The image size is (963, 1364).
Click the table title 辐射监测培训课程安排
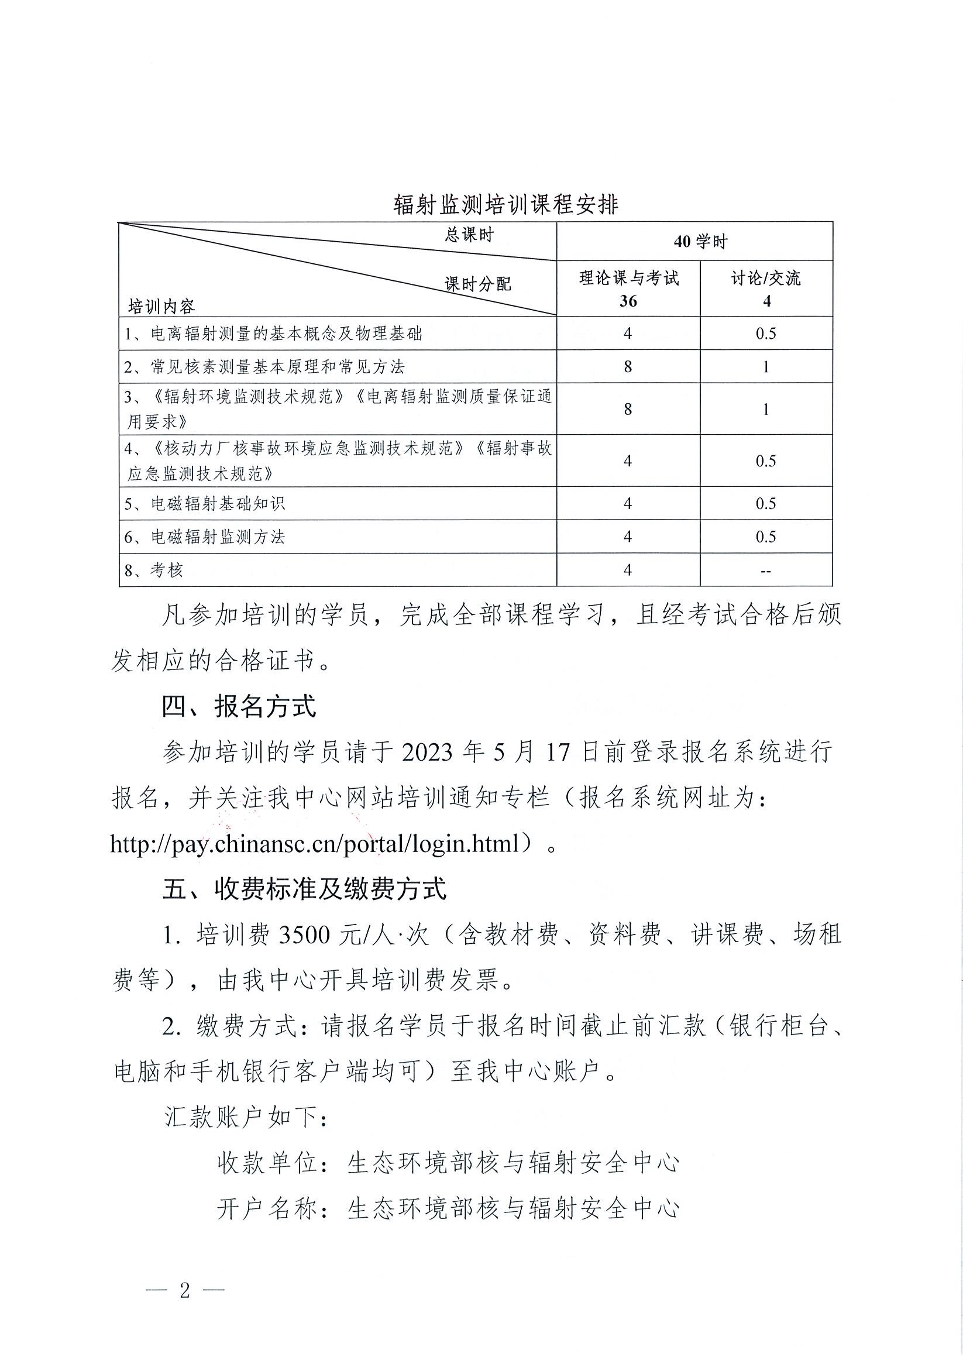505,205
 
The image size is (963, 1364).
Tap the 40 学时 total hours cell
700,242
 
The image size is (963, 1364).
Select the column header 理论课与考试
628,278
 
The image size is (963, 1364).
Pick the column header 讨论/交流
766,278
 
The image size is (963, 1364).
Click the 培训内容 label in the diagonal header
161,307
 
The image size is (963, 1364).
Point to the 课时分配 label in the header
477,284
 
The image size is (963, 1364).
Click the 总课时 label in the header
469,235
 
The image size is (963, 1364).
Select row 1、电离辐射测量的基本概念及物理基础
273,334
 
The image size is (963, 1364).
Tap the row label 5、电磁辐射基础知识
205,504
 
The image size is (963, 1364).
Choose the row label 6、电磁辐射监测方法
205,537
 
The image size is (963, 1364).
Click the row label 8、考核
153,571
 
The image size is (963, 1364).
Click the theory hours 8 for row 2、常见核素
628,366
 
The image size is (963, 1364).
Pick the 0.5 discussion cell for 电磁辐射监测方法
766,537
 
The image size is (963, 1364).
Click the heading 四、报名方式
239,706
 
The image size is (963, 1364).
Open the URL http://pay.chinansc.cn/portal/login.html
315,844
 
